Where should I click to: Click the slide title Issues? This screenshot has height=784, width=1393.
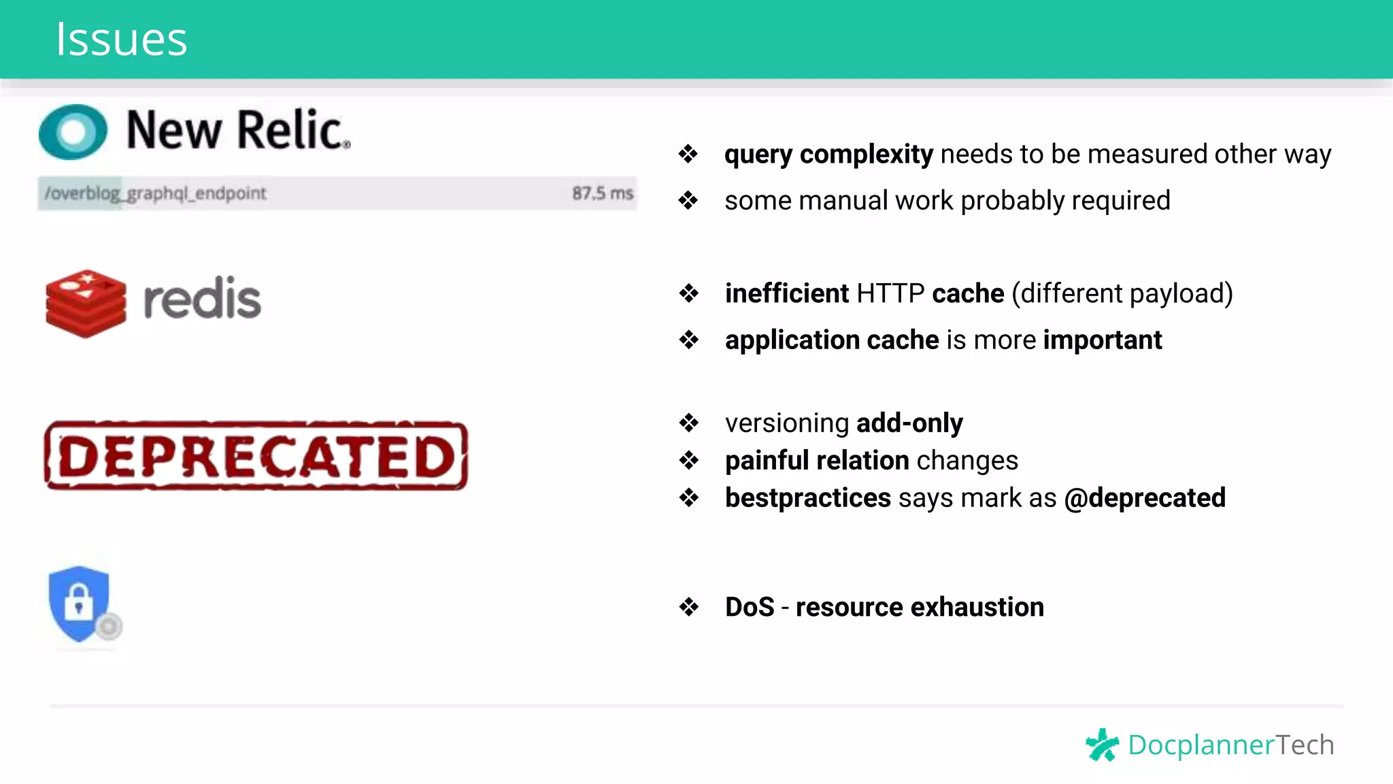tap(121, 39)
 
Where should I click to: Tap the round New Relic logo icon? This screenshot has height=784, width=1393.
tap(73, 132)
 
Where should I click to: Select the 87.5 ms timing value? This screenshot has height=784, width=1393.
tap(602, 193)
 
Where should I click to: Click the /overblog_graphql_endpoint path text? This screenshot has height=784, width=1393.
tap(155, 193)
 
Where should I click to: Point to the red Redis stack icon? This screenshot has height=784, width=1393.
tap(86, 303)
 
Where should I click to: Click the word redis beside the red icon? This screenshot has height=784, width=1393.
tap(202, 299)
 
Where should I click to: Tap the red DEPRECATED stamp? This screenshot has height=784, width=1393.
tap(256, 455)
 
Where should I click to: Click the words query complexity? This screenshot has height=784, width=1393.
tap(828, 154)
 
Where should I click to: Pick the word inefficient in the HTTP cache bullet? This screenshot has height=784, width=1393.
tap(786, 293)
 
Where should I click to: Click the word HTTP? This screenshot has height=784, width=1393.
tap(890, 293)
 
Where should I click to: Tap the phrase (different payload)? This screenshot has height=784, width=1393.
tap(1122, 293)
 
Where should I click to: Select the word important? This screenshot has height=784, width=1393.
tap(1102, 340)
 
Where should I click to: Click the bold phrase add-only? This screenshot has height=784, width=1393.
tap(909, 423)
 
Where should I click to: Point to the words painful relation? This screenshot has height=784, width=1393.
tap(816, 460)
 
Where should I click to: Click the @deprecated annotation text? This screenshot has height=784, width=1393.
tap(1145, 497)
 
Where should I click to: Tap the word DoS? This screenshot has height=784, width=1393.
tap(749, 606)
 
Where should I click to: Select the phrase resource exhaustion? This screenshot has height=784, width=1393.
tap(920, 606)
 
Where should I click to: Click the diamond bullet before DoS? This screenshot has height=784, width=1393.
tap(688, 606)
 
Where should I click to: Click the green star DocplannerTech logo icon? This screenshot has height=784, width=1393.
tap(1102, 745)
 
